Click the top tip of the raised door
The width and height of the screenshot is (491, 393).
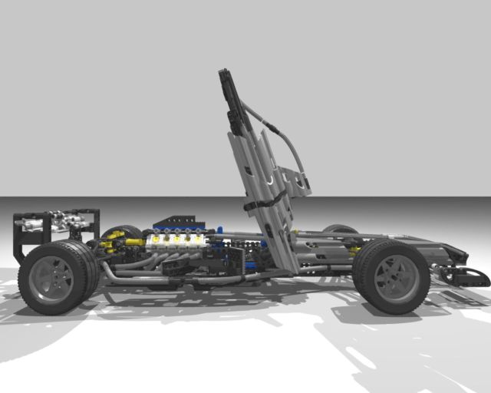[223, 75]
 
